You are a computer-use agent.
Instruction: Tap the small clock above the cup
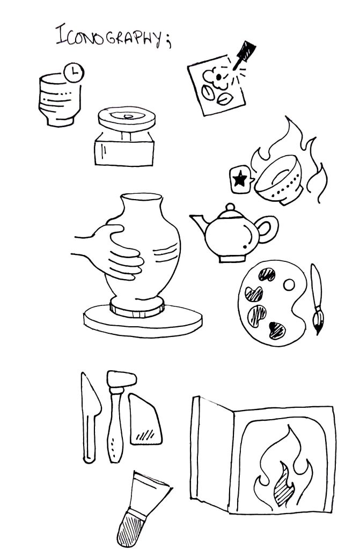74,73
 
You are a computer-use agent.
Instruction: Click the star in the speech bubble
240,179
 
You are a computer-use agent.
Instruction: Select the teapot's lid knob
230,207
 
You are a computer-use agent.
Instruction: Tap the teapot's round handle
268,229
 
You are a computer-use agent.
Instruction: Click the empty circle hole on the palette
289,285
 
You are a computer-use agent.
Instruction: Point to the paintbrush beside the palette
317,299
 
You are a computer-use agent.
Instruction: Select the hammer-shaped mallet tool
118,415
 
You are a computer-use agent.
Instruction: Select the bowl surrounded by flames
279,180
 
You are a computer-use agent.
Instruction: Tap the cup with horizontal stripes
60,100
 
